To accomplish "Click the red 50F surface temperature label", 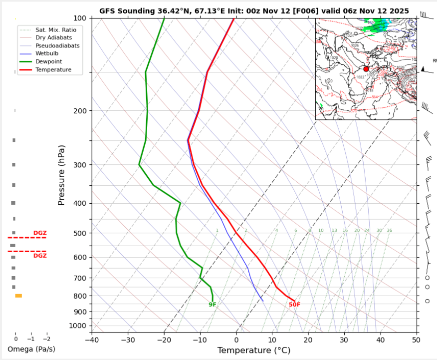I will pyautogui.click(x=294, y=305).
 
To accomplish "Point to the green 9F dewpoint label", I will pyautogui.click(x=213, y=305).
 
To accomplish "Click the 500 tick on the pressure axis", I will pyautogui.click(x=81, y=233).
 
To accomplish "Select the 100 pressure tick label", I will pyautogui.click(x=81, y=18).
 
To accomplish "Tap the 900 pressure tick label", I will pyautogui.click(x=81, y=312).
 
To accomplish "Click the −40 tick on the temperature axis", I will pyautogui.click(x=92, y=340).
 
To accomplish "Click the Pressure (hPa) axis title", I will pyautogui.click(x=62, y=176).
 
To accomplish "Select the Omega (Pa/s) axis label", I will pyautogui.click(x=31, y=349).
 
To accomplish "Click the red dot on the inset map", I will pyautogui.click(x=366, y=69).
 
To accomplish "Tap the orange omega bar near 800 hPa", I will pyautogui.click(x=18, y=296).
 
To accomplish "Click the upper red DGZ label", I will pyautogui.click(x=40, y=233).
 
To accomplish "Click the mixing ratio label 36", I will pyautogui.click(x=389, y=231).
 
